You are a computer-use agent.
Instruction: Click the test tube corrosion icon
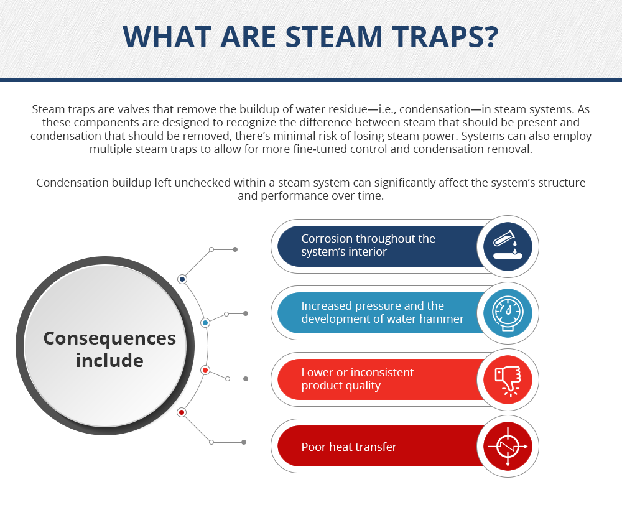[x=508, y=246]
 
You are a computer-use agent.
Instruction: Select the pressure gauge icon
[x=508, y=313]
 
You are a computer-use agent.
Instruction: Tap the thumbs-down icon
[x=508, y=380]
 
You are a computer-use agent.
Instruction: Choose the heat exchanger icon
[x=508, y=447]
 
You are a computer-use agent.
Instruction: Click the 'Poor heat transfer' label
[x=349, y=447]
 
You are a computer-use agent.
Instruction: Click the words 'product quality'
[x=341, y=386]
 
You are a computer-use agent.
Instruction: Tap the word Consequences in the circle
[x=109, y=338]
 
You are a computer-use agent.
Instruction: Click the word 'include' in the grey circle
[x=109, y=360]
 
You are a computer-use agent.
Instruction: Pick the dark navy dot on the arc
[x=182, y=279]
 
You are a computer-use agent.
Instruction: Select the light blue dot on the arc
[x=205, y=323]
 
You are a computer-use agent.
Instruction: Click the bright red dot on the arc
[x=205, y=370]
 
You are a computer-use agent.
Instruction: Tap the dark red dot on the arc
[x=182, y=412]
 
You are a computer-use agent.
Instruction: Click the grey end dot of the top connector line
[x=235, y=249]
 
